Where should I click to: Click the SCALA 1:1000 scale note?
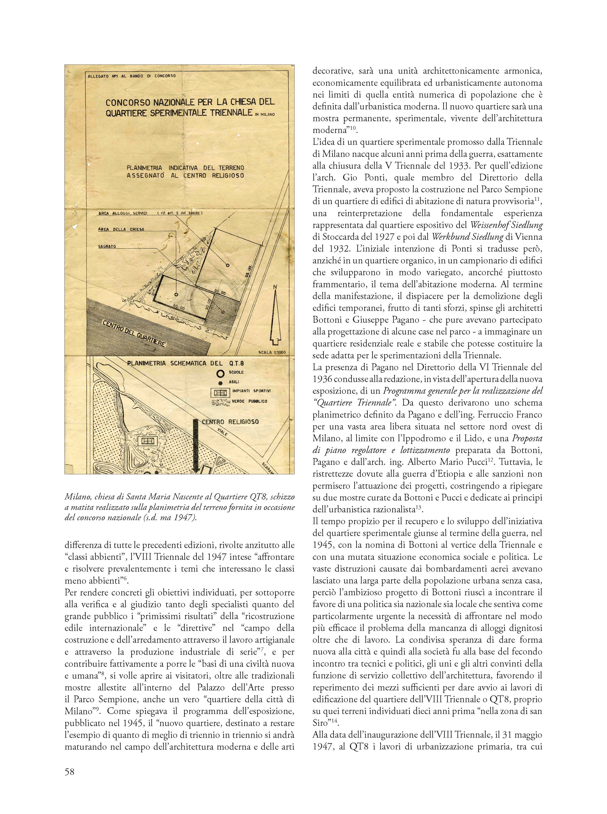(x=272, y=352)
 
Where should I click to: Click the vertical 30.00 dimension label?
(x=209, y=304)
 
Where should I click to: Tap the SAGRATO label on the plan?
(x=107, y=246)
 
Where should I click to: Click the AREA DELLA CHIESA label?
(x=121, y=229)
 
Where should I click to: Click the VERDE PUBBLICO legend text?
(x=249, y=401)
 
